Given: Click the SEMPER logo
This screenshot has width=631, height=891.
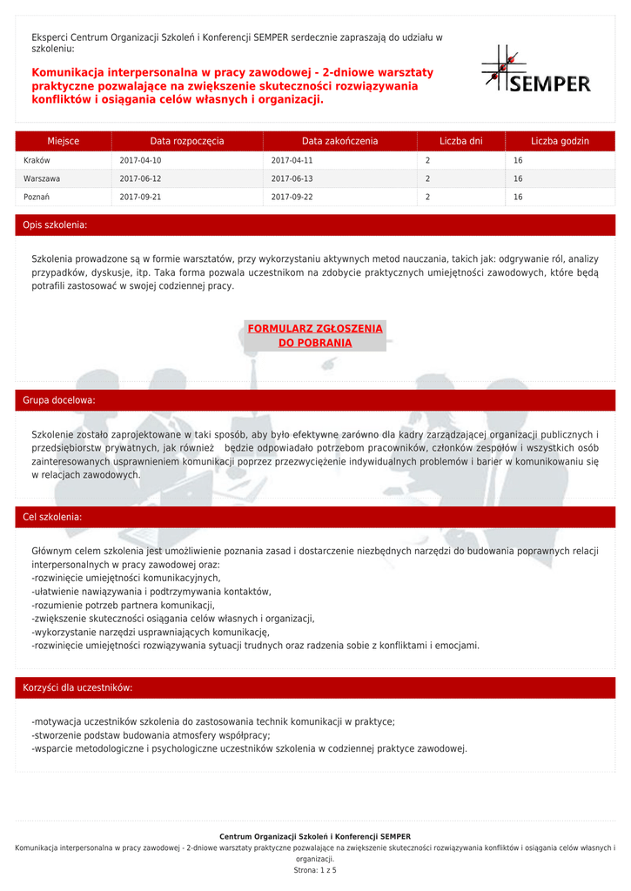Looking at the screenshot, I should [x=536, y=70].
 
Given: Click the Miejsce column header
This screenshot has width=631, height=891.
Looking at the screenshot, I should [x=64, y=141].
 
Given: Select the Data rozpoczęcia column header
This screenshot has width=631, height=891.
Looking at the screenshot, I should [x=186, y=141].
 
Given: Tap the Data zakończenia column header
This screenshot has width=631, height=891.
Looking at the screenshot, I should [x=339, y=141].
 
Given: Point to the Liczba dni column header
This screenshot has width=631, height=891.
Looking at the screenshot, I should [x=460, y=141].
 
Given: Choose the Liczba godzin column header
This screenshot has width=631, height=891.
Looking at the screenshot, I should [x=560, y=141].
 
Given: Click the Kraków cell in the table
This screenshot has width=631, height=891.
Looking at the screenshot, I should [x=37, y=161].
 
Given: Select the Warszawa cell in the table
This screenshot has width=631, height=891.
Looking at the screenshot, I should [x=42, y=179].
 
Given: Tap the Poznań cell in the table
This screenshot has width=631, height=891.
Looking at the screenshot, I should [x=37, y=198].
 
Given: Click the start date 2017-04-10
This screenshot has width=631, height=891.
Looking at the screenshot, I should [x=140, y=161].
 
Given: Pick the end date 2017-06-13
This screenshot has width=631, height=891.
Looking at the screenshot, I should [x=292, y=179].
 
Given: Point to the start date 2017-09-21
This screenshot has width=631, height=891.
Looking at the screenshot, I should [x=140, y=198].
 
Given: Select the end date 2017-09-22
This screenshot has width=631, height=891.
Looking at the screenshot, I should [x=292, y=198].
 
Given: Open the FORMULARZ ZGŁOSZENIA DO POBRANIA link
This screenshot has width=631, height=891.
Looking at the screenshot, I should [x=315, y=336].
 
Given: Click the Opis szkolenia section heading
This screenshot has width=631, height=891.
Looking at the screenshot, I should [x=55, y=225].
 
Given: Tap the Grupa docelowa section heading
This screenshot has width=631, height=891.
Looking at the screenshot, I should [x=59, y=400].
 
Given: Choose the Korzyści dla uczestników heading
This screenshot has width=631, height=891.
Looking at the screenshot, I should [x=77, y=687].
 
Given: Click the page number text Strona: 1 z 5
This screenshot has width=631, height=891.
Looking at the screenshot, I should [x=315, y=869].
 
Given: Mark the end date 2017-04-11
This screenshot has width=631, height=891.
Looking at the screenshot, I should [x=292, y=161].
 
